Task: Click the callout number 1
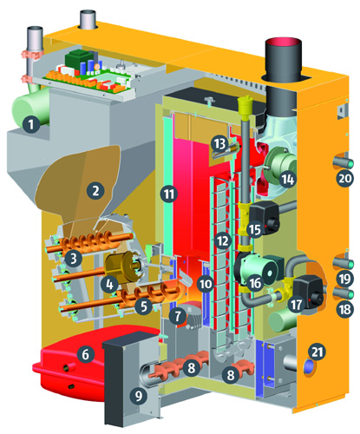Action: pyautogui.click(x=31, y=124)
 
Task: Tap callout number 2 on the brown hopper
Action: pyautogui.click(x=95, y=191)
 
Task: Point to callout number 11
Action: pyautogui.click(x=169, y=194)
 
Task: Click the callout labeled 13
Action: pyautogui.click(x=219, y=143)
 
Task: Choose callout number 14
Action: pyautogui.click(x=288, y=180)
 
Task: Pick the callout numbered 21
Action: pyautogui.click(x=317, y=352)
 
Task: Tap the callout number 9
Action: pyautogui.click(x=139, y=395)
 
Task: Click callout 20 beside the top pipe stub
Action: pyautogui.click(x=344, y=179)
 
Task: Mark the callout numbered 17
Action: pyautogui.click(x=296, y=305)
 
